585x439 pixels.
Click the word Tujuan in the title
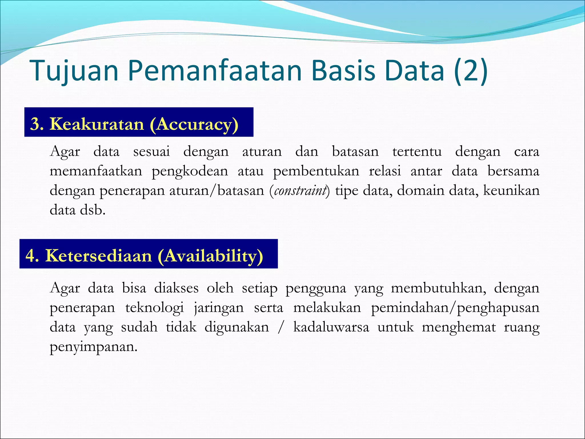point(74,71)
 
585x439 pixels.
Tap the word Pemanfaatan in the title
point(215,71)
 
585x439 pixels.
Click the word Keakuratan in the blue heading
point(97,124)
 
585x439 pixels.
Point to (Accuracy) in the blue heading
point(194,124)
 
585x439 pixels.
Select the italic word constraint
point(300,190)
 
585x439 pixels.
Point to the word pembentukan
point(316,171)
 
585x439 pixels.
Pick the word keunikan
point(511,190)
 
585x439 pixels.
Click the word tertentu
point(417,151)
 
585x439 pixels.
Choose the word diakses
point(176,288)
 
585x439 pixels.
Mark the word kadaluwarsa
point(331,327)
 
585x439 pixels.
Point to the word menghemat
point(459,327)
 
